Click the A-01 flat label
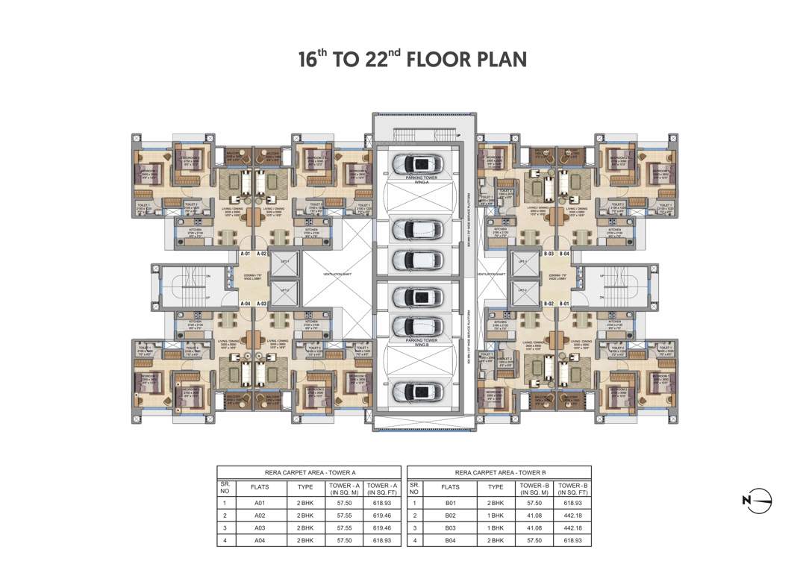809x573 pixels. (x=245, y=254)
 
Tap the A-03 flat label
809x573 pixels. (x=262, y=304)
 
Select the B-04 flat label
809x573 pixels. (x=565, y=254)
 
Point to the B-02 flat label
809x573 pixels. (x=548, y=304)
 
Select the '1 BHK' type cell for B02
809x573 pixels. (x=496, y=515)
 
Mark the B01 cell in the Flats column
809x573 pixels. (x=450, y=503)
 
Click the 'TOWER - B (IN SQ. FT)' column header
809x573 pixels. (x=572, y=489)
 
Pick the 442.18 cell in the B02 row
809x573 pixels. (x=572, y=515)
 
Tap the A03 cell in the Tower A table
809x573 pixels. (x=260, y=527)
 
